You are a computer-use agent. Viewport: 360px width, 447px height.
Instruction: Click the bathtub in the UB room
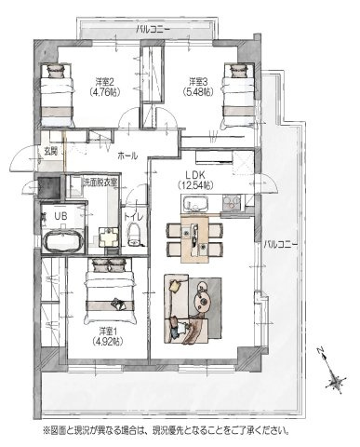click(61, 245)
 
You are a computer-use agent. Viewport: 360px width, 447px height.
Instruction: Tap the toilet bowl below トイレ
click(133, 230)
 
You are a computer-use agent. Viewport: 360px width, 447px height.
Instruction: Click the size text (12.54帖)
click(193, 184)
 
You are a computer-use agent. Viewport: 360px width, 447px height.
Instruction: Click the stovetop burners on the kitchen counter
click(230, 202)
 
